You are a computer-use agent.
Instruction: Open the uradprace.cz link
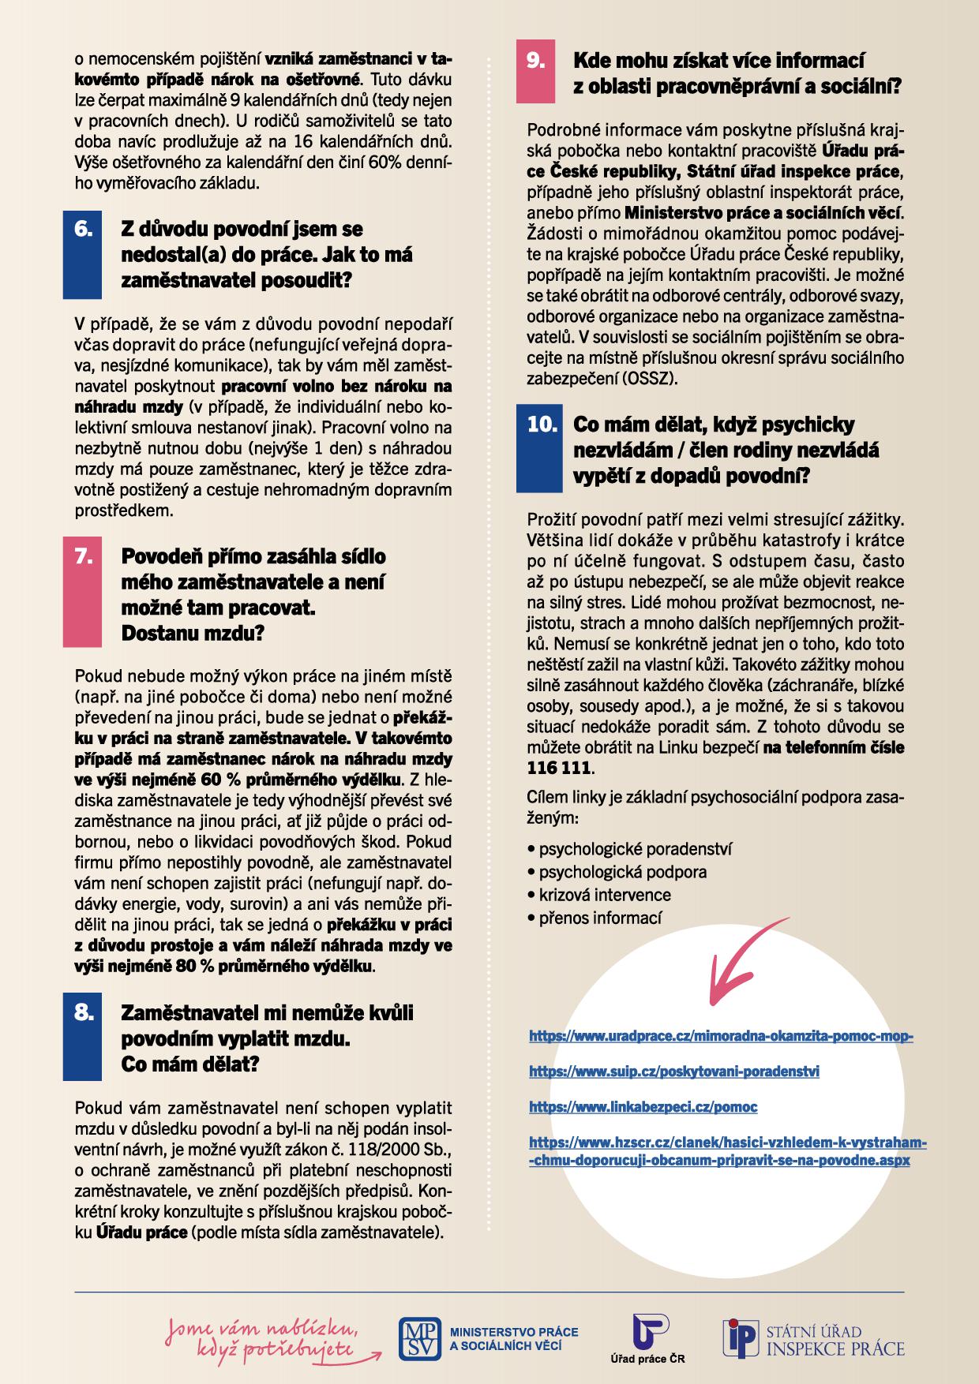click(720, 1036)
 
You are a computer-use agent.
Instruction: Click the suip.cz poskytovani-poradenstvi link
click(673, 1072)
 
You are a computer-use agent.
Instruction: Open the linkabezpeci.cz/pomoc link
click(643, 1107)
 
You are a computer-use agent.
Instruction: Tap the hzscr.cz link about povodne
click(726, 1151)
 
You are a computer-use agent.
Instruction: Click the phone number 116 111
click(557, 768)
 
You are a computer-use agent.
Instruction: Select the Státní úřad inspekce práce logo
click(813, 1338)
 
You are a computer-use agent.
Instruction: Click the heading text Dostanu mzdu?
click(193, 634)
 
